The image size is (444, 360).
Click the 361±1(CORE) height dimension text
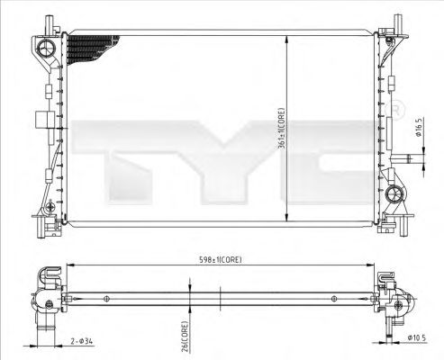coord(281,128)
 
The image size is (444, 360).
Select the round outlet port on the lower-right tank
coord(393,194)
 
